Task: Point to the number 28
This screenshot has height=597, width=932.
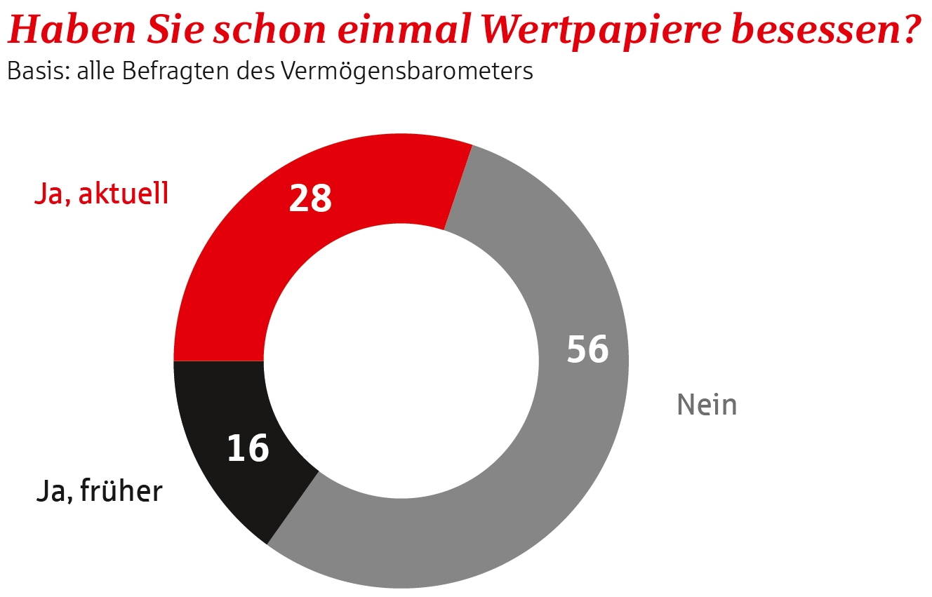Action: coord(310,199)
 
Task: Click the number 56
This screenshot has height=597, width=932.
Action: coord(587,349)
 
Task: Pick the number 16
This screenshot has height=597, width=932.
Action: coord(248,448)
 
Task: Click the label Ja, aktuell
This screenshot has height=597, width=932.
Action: coord(101,194)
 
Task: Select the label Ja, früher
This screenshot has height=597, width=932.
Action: coord(99,492)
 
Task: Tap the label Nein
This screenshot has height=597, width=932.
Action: coord(707,405)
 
